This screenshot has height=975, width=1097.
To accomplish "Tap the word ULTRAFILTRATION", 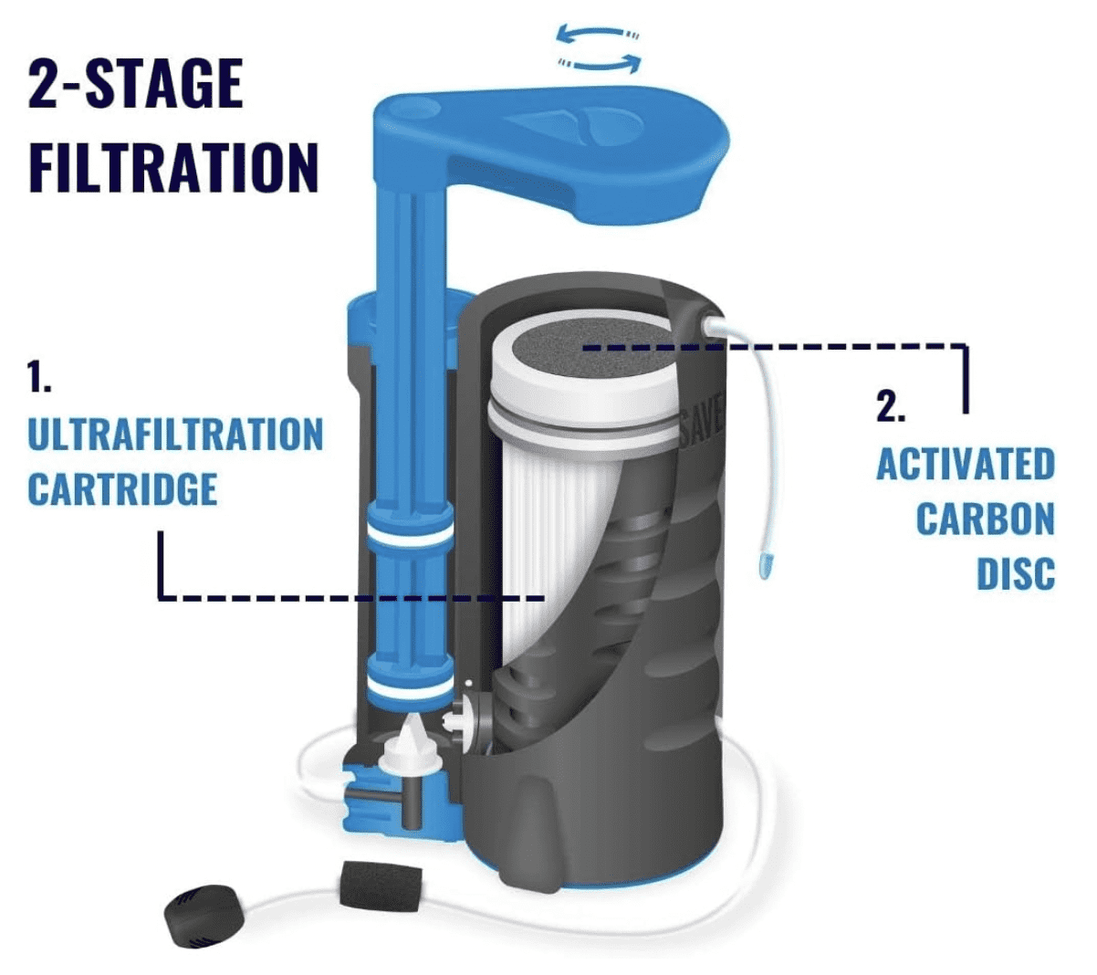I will click(175, 435).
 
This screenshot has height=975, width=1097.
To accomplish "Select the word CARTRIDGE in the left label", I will click(122, 489).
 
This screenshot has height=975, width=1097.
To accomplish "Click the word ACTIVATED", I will click(966, 465).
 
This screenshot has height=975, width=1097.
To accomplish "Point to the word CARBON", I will click(985, 519).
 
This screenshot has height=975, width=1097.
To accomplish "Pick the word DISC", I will click(1016, 574).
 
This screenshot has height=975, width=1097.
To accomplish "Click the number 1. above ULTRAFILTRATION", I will click(39, 377).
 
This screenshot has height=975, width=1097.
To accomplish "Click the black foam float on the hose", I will click(364, 885).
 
